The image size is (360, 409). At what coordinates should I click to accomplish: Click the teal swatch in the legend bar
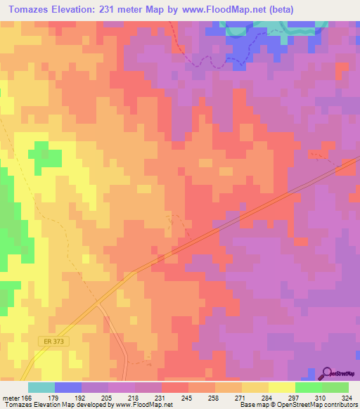[x=41, y=387]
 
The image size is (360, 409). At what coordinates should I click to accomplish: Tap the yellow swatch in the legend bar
[x=282, y=387]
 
